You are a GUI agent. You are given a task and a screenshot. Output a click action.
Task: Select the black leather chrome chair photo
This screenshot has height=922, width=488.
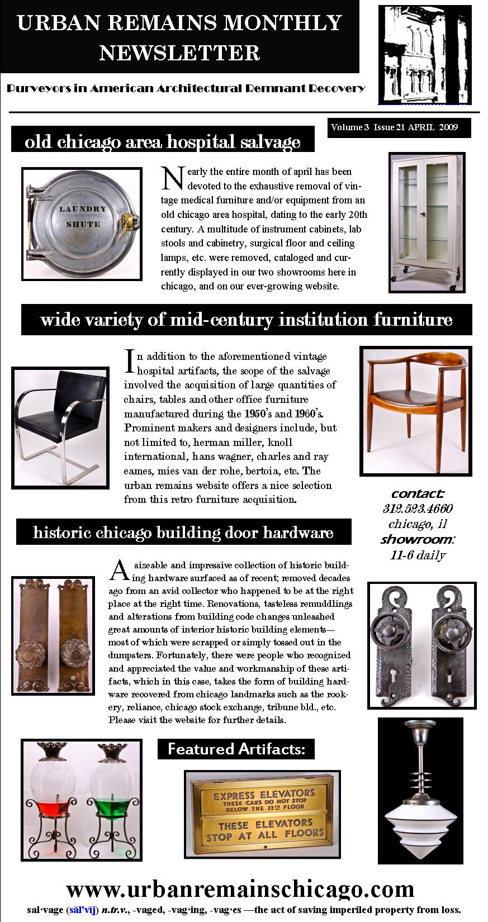[60, 427]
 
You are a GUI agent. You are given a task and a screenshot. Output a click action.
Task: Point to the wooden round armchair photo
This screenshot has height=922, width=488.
[415, 411]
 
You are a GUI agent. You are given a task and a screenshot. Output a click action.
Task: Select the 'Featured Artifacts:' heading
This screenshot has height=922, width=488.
[236, 749]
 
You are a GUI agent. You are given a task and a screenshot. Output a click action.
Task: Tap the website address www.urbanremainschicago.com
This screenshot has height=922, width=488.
[240, 889]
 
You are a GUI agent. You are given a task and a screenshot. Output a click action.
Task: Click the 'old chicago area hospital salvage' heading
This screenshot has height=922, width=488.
[163, 142]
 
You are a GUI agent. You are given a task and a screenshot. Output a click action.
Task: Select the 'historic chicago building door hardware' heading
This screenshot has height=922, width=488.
[183, 532]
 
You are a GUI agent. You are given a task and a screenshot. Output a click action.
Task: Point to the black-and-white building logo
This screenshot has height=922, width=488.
[424, 54]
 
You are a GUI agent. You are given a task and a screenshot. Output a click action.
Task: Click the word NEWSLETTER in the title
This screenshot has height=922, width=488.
[179, 53]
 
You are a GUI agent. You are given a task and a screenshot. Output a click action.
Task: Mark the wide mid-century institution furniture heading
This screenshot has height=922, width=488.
[247, 320]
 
